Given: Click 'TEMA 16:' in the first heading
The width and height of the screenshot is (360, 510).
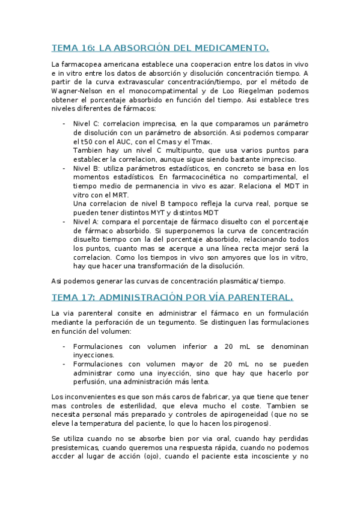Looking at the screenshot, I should [x=73, y=48].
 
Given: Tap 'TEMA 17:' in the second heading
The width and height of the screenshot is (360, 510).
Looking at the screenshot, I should [x=73, y=297].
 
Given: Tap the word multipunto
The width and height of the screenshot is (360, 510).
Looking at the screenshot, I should [x=175, y=150].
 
